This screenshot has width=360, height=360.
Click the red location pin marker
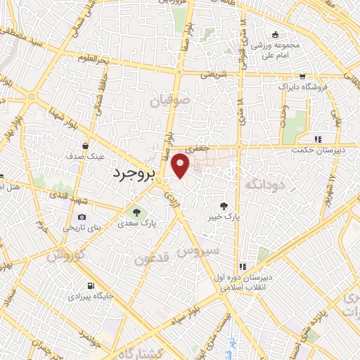(x=181, y=165)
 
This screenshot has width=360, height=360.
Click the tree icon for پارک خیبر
(x=224, y=206)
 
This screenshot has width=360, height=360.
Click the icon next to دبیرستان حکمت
(x=319, y=139)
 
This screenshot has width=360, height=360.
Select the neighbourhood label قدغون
(x=151, y=258)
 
